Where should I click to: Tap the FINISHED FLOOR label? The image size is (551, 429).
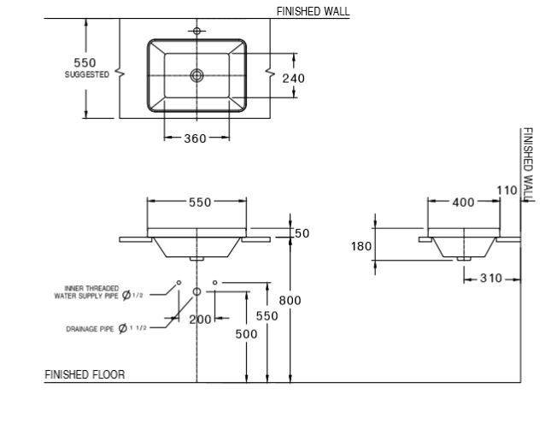coord(85,374)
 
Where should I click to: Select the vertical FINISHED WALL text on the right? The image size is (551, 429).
coord(528,165)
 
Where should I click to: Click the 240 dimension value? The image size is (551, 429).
coord(294,78)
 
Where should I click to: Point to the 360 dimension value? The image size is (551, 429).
coord(195,138)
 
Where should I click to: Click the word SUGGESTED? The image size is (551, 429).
coord(86,75)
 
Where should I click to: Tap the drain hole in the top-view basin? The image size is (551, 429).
coord(197,75)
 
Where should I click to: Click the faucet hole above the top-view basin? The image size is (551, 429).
coord(197,32)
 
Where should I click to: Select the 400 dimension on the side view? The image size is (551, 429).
coord(463,203)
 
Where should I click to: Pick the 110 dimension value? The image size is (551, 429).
coord(507,191)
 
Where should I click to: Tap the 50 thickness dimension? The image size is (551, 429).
coord(302,233)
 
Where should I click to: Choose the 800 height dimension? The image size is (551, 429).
coord(289,300)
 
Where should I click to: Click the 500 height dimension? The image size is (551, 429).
coord(246,334)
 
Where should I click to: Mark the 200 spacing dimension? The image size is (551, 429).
coord(199,319)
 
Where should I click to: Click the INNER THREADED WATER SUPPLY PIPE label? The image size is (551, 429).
coord(92,292)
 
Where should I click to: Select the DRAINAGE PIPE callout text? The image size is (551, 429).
coord(91,328)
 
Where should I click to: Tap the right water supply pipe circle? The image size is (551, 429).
coord(214,282)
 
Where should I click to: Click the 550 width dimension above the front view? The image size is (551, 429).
coord(198,203)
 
